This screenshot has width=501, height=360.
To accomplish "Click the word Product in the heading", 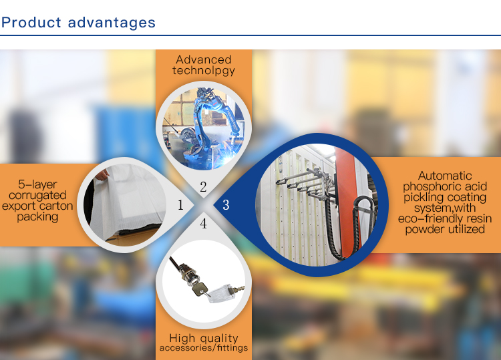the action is pos(31,22).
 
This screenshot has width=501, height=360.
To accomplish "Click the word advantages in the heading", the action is pos(112,23).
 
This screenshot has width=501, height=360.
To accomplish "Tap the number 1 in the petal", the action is pos(180,205).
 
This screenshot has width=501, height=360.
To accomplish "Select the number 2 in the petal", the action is pos(203,187).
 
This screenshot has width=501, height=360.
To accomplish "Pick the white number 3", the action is pos(226,205).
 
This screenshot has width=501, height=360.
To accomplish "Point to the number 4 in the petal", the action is pos(203,224).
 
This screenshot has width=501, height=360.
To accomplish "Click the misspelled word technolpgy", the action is pos(204,71).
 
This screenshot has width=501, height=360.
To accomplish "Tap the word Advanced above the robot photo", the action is pos(204,59).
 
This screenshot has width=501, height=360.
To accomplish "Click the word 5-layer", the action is pos(37,184).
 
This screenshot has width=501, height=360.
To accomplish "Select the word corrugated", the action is pos(37,196).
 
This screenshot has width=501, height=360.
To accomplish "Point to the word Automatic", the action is pos(445,176).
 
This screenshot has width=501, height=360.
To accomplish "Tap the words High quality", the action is pos(204,338).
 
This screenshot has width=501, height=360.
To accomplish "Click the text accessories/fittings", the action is pos(204,347).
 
